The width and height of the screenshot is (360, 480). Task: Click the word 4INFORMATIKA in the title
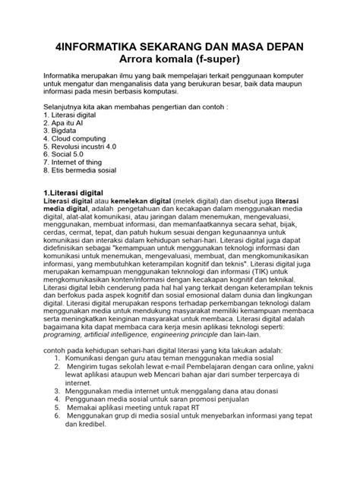coord(102,46)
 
